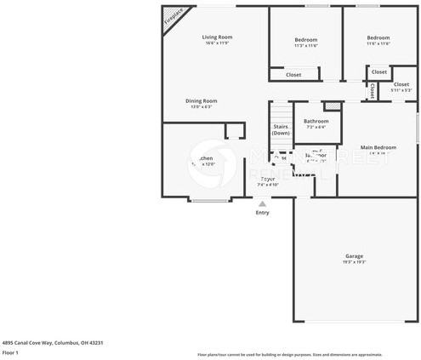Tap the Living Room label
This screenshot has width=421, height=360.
[x=217, y=37]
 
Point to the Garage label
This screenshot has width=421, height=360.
[x=354, y=256]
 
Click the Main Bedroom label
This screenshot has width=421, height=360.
[x=378, y=147]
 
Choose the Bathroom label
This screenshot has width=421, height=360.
[x=316, y=121]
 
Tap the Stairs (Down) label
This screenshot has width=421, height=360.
[x=281, y=129]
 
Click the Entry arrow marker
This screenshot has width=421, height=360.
[x=262, y=204]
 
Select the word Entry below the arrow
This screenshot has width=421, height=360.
[x=262, y=213]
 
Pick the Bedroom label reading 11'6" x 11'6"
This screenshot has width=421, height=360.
[x=378, y=38]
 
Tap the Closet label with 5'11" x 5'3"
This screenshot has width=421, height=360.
[x=401, y=85]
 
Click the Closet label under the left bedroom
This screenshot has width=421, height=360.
[x=293, y=75]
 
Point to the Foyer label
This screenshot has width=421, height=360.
[x=268, y=179]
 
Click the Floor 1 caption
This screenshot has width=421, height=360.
[x=11, y=352]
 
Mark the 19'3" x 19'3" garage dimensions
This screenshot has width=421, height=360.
[x=354, y=262]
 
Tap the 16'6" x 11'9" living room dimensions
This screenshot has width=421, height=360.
[x=217, y=43]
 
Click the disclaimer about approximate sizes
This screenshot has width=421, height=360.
[x=289, y=354]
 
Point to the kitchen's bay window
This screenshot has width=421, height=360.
[x=209, y=201]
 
